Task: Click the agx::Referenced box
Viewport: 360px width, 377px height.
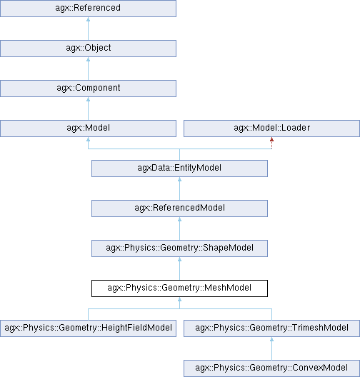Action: [88, 9]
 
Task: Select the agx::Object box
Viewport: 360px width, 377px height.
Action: [88, 49]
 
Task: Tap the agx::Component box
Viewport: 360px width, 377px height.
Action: [88, 89]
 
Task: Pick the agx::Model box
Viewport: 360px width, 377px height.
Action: [88, 129]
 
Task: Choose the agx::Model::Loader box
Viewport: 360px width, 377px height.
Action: [271, 129]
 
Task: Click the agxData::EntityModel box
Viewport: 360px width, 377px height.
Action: [179, 169]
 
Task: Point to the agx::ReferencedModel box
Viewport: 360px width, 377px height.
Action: [179, 208]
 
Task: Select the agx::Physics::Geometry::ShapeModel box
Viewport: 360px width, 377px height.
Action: [179, 248]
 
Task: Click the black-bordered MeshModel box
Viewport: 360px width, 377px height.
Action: [179, 288]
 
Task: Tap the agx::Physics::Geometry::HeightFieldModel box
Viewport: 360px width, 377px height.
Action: [88, 328]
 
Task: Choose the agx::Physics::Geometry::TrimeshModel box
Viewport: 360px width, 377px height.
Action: [271, 328]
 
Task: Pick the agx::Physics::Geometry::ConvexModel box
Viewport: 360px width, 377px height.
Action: [271, 368]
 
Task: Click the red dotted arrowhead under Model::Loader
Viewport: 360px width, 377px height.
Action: [271, 139]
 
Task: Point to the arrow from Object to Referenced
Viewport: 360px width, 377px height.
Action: [88, 29]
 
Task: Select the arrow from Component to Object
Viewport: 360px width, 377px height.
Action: [88, 69]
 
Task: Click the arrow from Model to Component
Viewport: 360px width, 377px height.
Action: [88, 109]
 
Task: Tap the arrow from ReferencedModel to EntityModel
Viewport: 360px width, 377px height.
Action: [179, 188]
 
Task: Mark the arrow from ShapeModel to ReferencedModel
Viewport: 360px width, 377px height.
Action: [179, 228]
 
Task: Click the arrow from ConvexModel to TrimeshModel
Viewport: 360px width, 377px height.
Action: [271, 348]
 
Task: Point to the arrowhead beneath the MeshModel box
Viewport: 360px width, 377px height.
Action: [179, 299]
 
